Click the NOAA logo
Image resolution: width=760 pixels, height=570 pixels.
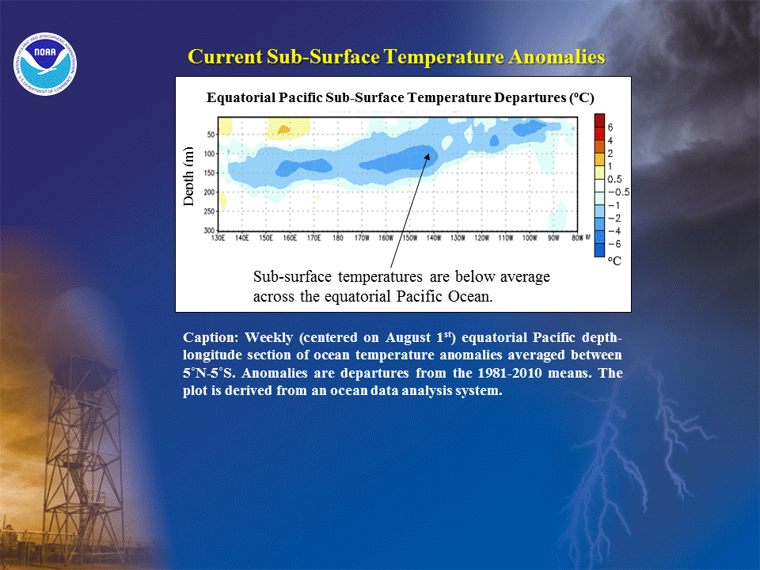(45, 64)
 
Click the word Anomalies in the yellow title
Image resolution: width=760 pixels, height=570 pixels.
(557, 57)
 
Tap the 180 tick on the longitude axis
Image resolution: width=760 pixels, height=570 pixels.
(338, 238)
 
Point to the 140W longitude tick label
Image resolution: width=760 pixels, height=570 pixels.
(434, 238)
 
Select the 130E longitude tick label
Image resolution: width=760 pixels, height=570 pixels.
(218, 238)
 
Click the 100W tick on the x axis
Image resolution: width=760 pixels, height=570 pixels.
(530, 238)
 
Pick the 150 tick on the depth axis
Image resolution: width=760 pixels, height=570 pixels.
(209, 173)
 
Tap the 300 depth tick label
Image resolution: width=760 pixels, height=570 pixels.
(209, 230)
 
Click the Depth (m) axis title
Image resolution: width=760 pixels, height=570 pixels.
(188, 177)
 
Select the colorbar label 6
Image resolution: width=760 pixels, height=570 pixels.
(610, 127)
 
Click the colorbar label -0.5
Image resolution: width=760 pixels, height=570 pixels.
(619, 192)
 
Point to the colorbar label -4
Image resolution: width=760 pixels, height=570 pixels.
(614, 231)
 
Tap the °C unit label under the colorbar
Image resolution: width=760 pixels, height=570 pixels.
(614, 260)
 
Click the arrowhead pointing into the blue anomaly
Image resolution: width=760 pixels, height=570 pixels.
(427, 157)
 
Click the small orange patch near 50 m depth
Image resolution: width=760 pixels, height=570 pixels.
(283, 129)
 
